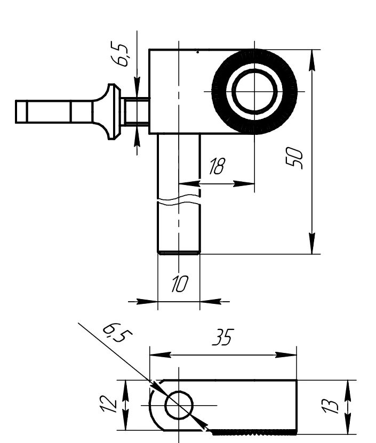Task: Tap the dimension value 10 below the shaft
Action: [x=178, y=284]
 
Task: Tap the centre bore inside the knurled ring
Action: [x=254, y=91]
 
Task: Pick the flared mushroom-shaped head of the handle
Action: [x=111, y=111]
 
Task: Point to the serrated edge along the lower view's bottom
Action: [x=253, y=429]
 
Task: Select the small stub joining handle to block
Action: [x=137, y=111]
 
